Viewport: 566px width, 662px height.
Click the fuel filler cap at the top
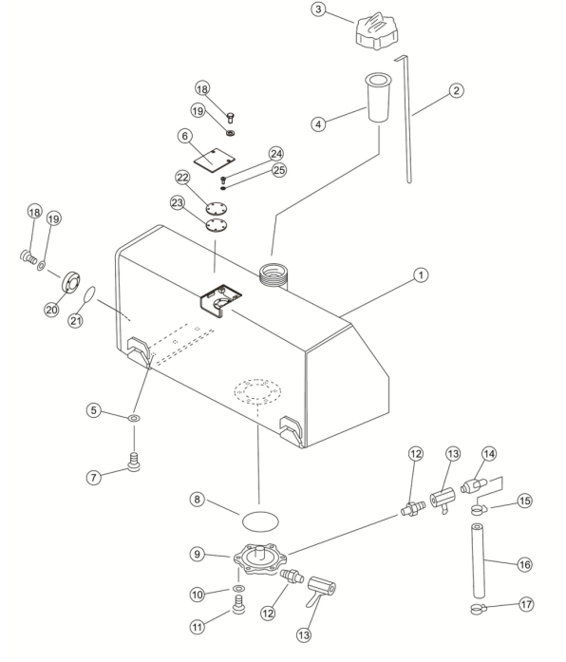pos(376,31)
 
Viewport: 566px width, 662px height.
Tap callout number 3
pos(318,9)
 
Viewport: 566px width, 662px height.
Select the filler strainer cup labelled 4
pos(377,98)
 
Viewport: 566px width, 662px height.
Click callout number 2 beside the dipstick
pos(456,90)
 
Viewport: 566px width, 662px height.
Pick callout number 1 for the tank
pos(421,275)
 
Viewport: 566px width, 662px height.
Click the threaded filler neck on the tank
pos(273,274)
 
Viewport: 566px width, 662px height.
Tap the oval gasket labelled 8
pos(260,521)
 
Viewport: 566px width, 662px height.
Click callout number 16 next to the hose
pos(524,564)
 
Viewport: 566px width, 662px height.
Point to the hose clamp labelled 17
pos(478,609)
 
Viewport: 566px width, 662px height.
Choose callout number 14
pos(489,454)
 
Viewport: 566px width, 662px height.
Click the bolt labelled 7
pos(133,462)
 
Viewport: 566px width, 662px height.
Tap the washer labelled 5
pos(134,419)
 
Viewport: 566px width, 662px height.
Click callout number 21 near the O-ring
pos(76,321)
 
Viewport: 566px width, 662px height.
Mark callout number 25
pos(278,170)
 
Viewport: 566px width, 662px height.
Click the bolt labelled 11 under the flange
pos(239,604)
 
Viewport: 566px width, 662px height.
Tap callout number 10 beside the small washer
pos(198,595)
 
